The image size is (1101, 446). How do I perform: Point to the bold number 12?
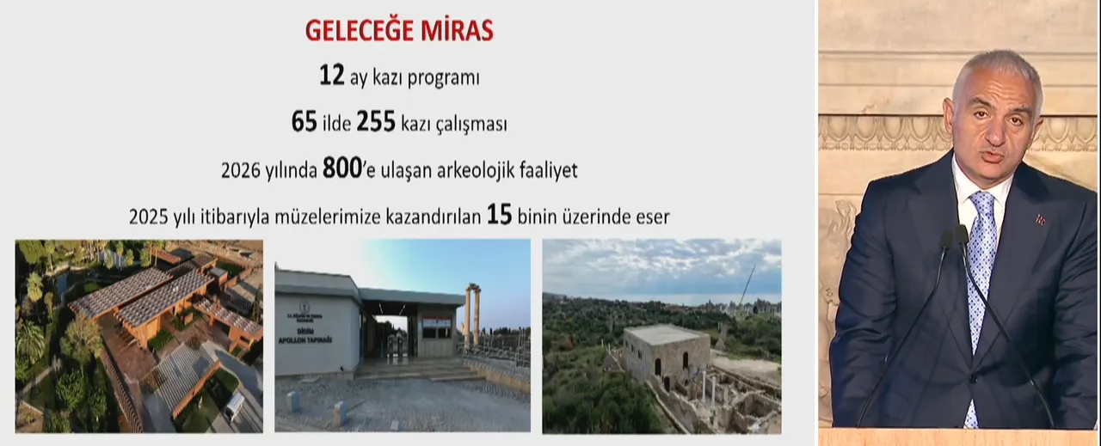[x=331, y=76]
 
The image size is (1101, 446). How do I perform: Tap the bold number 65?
[x=304, y=123]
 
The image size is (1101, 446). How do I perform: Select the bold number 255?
[x=375, y=123]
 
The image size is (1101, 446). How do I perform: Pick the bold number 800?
[x=340, y=169]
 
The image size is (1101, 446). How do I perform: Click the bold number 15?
[x=499, y=215]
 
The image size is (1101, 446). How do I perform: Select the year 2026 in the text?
[x=240, y=171]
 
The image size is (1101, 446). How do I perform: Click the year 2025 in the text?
[x=148, y=217]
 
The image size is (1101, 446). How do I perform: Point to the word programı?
[x=438, y=78]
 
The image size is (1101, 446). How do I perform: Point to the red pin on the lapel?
[x=1041, y=220]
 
